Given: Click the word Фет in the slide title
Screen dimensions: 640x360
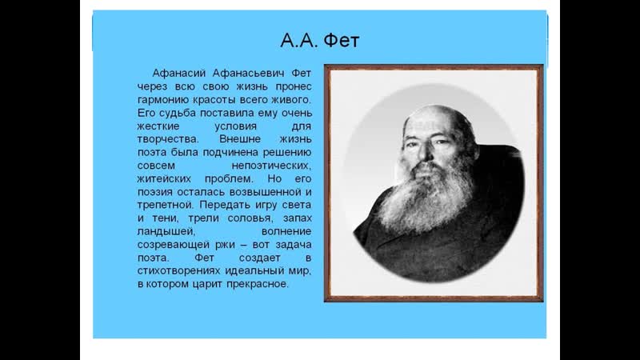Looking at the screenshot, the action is coord(342,41).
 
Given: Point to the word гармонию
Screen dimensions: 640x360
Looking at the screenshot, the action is coord(163,99).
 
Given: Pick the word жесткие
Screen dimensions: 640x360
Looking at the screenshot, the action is coord(158,126).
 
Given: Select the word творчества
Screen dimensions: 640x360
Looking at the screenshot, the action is coord(168,139).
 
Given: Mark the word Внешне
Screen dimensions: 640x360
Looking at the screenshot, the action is coord(240,138).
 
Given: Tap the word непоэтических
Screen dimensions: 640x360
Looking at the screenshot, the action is coord(271,166).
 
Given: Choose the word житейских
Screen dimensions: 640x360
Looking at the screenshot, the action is coord(164,178).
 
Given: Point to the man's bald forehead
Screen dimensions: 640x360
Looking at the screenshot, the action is coord(433,121).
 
